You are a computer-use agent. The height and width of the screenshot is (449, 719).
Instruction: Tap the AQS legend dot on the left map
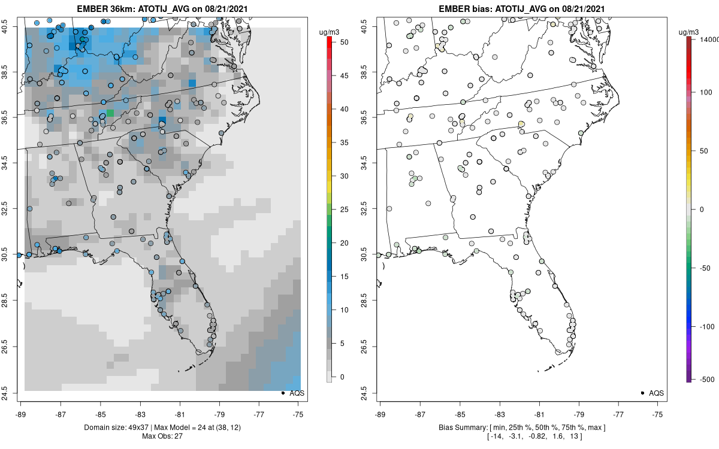pos(282,393)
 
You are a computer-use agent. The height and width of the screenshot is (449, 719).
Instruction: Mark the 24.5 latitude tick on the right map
pos(368,393)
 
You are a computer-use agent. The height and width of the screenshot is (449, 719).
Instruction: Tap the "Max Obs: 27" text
pos(162,436)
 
